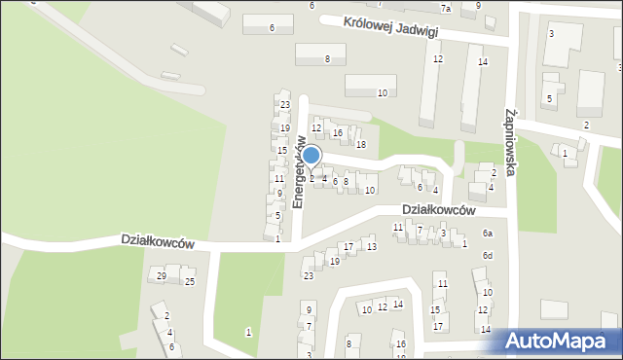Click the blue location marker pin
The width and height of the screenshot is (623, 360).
pos(311,156)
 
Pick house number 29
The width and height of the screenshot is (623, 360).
pos(162,277)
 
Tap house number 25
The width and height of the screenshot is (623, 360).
pos(190,282)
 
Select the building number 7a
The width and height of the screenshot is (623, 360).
pos(446,9)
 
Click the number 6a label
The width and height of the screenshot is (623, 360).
pos(488,234)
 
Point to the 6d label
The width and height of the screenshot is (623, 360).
pos(488,256)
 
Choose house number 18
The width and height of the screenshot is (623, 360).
pos(360,145)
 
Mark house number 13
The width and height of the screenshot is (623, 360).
pos(371,247)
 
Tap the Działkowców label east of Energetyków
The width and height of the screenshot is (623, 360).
pos(438,210)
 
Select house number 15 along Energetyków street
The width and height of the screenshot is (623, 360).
pos(281,151)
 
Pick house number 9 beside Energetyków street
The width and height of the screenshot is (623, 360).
pos(278,194)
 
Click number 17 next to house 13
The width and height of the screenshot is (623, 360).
pos(348,247)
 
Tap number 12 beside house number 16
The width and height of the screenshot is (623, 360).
pos(316,128)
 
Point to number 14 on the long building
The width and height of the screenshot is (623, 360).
pos(482,62)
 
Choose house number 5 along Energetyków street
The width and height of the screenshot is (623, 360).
pos(278,216)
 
